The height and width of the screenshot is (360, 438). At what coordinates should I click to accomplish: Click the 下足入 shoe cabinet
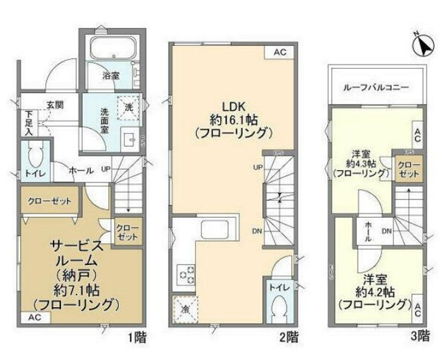point(27,123)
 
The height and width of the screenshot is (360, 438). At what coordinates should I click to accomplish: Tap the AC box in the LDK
point(279,52)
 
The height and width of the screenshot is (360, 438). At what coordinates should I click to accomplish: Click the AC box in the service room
point(34,318)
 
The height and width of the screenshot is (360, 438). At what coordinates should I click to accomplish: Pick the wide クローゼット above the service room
point(49,201)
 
